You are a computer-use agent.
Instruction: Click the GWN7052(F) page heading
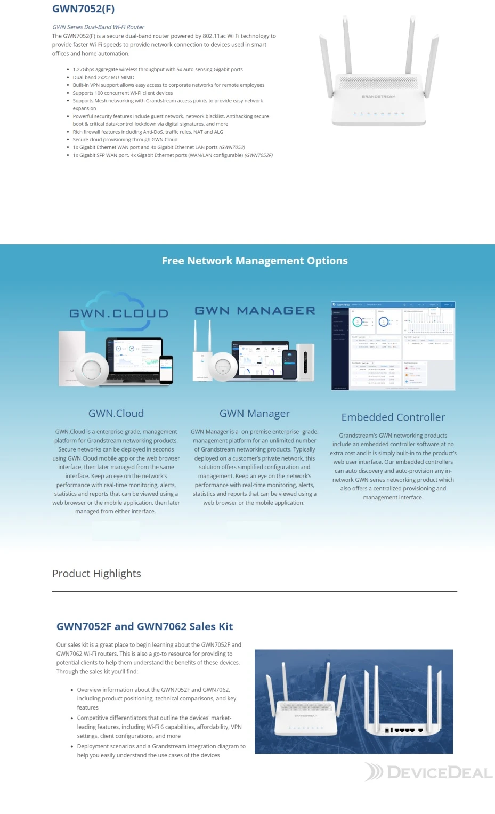click(x=83, y=9)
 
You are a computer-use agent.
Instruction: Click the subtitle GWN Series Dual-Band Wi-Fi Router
click(x=98, y=27)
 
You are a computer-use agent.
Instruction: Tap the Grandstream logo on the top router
click(x=378, y=97)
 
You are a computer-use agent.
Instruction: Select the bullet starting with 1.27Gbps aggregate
click(x=157, y=69)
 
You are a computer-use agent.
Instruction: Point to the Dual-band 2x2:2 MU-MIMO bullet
click(x=103, y=77)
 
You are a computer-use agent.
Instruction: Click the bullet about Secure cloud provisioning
click(x=125, y=140)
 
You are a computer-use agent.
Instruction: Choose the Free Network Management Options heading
click(x=255, y=261)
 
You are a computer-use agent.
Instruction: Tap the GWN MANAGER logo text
click(x=255, y=311)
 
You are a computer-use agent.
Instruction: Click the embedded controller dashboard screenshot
click(x=393, y=345)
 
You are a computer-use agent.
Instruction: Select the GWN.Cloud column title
click(x=116, y=414)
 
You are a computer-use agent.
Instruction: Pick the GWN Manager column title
click(x=255, y=414)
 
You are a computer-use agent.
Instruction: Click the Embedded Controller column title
click(x=393, y=417)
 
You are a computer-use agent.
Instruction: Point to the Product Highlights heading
click(x=96, y=574)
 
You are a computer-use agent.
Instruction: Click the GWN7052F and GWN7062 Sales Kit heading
click(x=144, y=627)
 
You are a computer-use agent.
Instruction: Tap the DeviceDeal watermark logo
click(x=428, y=772)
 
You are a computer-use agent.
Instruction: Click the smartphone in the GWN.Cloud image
click(x=167, y=368)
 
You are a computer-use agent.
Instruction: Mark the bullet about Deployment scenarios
click(x=161, y=751)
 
